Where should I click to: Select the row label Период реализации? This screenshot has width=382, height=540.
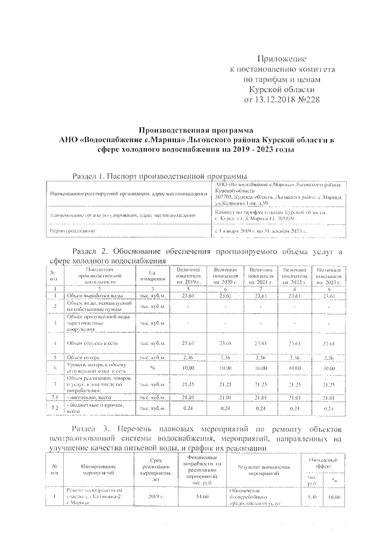point(73,230)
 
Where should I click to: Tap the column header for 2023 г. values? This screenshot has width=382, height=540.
point(328,276)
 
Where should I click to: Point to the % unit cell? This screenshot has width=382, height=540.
point(153,368)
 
